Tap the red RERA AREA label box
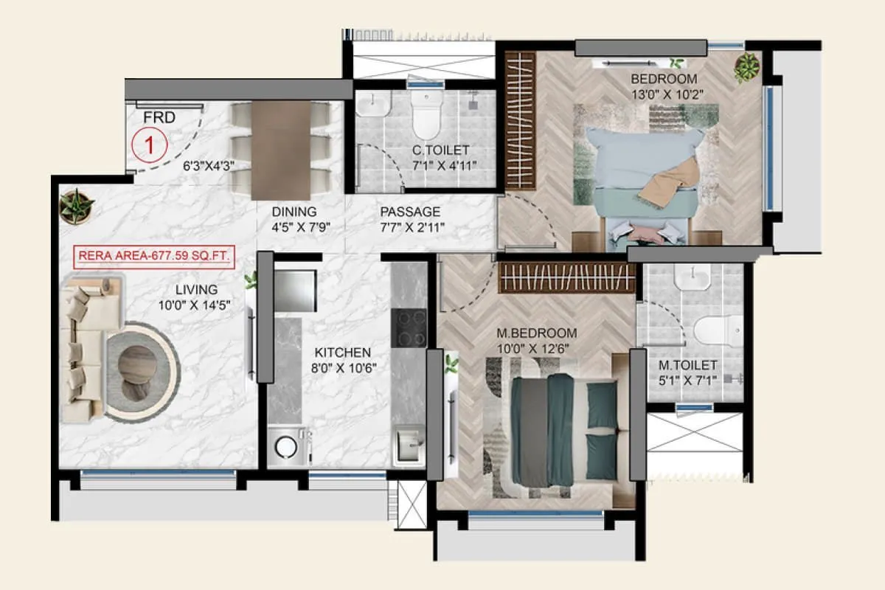(153, 257)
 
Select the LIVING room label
(196, 289)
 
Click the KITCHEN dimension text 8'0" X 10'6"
(341, 367)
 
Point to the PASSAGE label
(410, 212)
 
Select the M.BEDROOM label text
(535, 333)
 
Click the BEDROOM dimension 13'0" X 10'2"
(662, 94)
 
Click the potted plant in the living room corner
(76, 206)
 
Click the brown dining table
(280, 150)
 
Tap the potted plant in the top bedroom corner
(746, 67)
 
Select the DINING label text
(296, 212)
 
